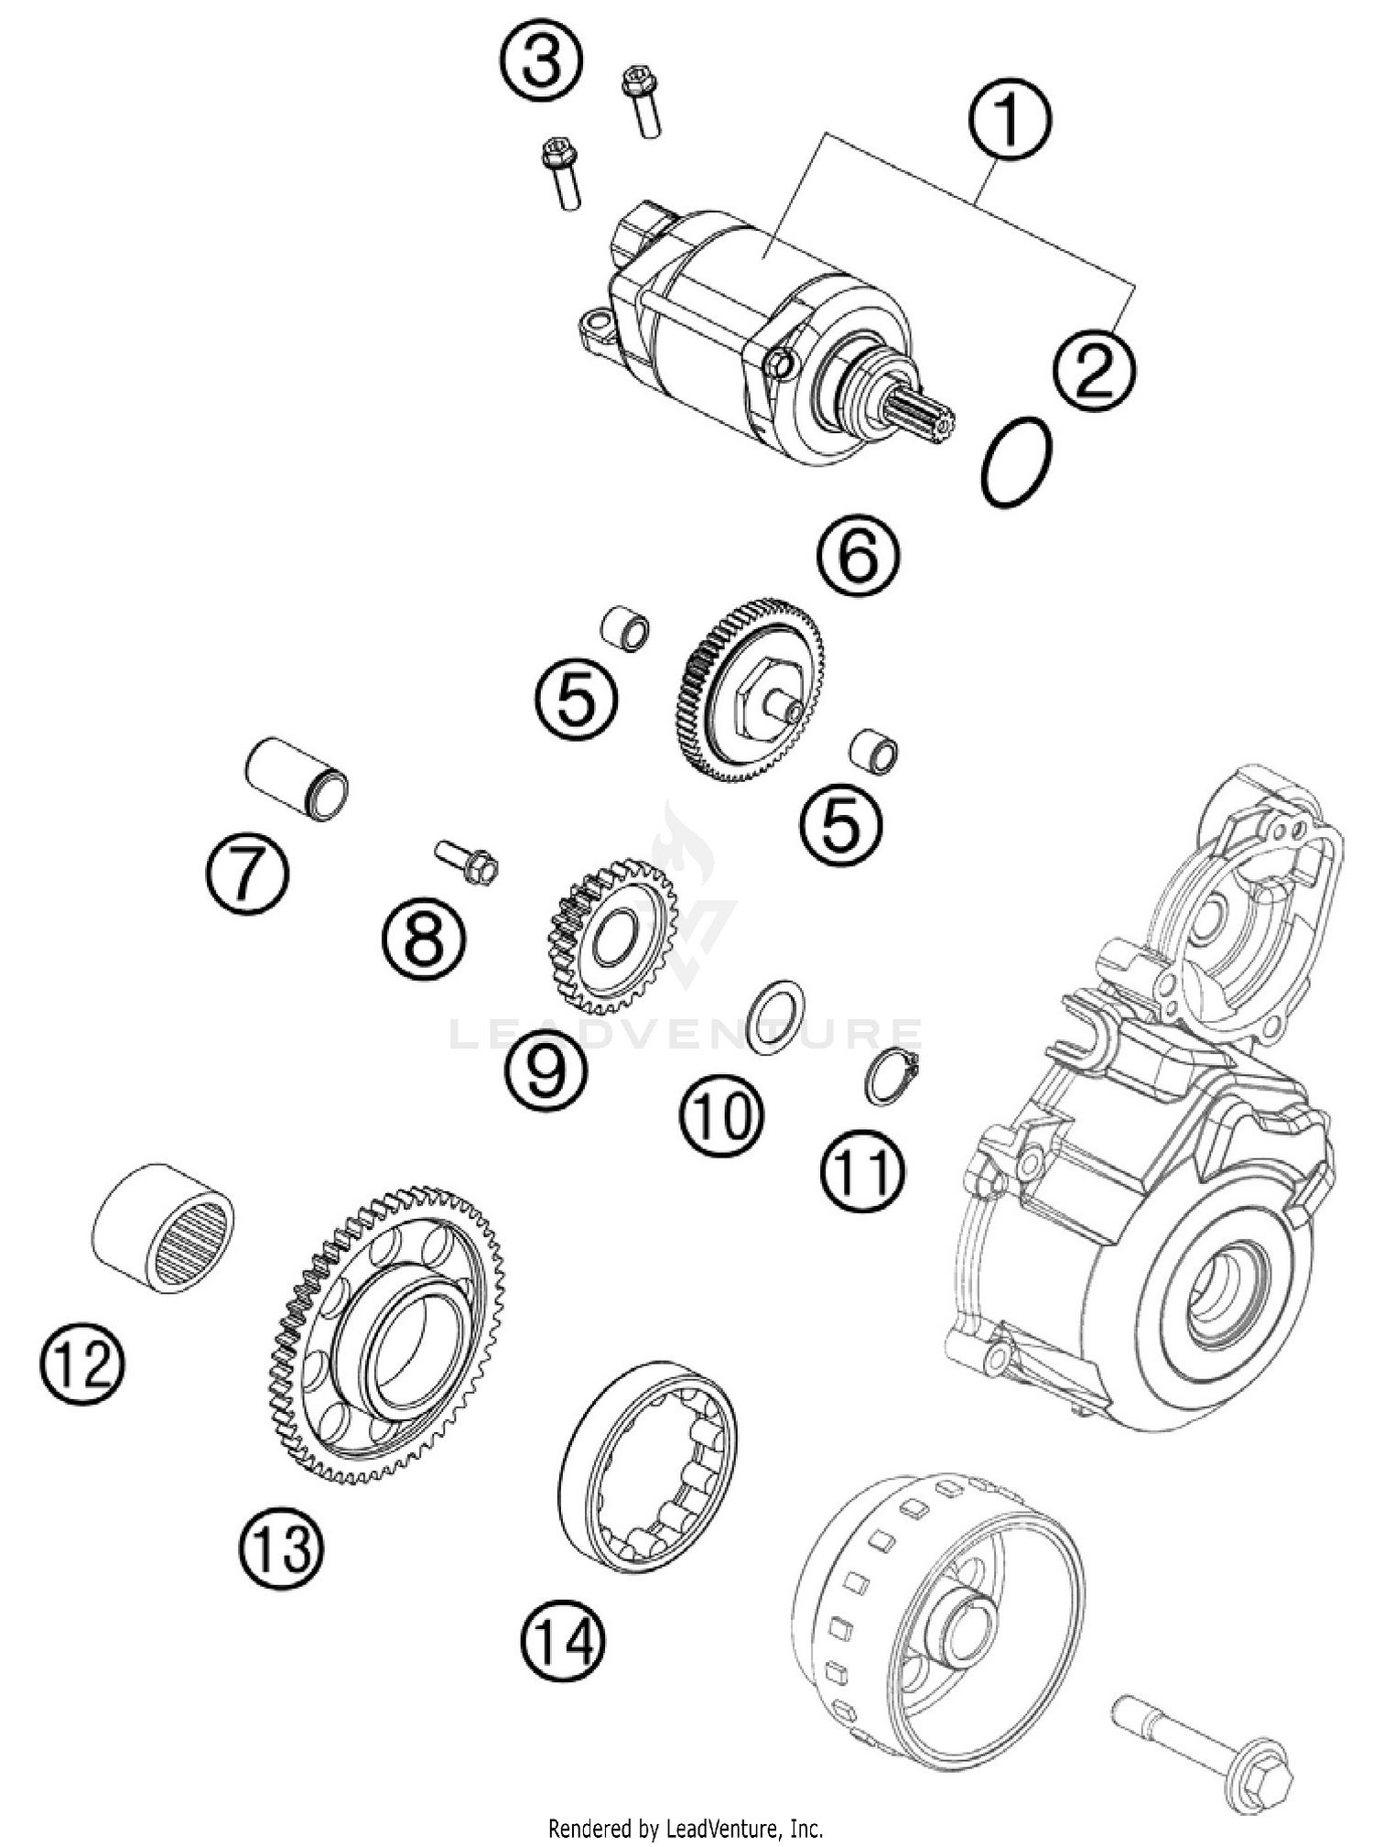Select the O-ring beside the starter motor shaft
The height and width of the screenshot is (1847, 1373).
pyautogui.click(x=1015, y=462)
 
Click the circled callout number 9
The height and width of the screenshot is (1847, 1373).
pyautogui.click(x=546, y=1069)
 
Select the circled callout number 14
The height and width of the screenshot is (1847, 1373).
pyautogui.click(x=563, y=1639)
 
